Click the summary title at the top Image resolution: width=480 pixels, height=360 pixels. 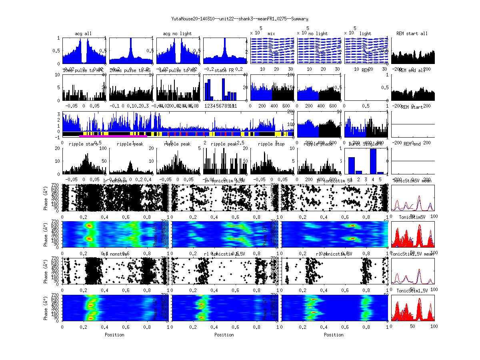coord(240,19)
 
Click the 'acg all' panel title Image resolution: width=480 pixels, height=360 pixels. coord(83,34)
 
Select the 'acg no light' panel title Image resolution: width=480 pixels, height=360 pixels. coord(177,34)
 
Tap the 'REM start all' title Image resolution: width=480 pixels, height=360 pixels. coord(412,34)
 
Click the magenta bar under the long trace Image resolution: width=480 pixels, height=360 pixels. coord(113,136)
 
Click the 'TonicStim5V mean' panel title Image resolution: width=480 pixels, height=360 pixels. coord(412,181)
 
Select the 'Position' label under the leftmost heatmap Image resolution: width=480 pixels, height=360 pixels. coord(114,335)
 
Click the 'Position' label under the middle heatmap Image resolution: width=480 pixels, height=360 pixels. coord(224,335)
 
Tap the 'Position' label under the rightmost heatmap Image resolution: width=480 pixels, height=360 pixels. coord(334,335)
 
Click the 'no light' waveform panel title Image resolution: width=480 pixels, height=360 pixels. coord(318,34)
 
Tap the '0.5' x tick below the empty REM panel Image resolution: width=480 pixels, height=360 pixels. coord(366,106)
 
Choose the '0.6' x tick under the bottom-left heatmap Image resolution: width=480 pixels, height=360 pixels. coord(126,326)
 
